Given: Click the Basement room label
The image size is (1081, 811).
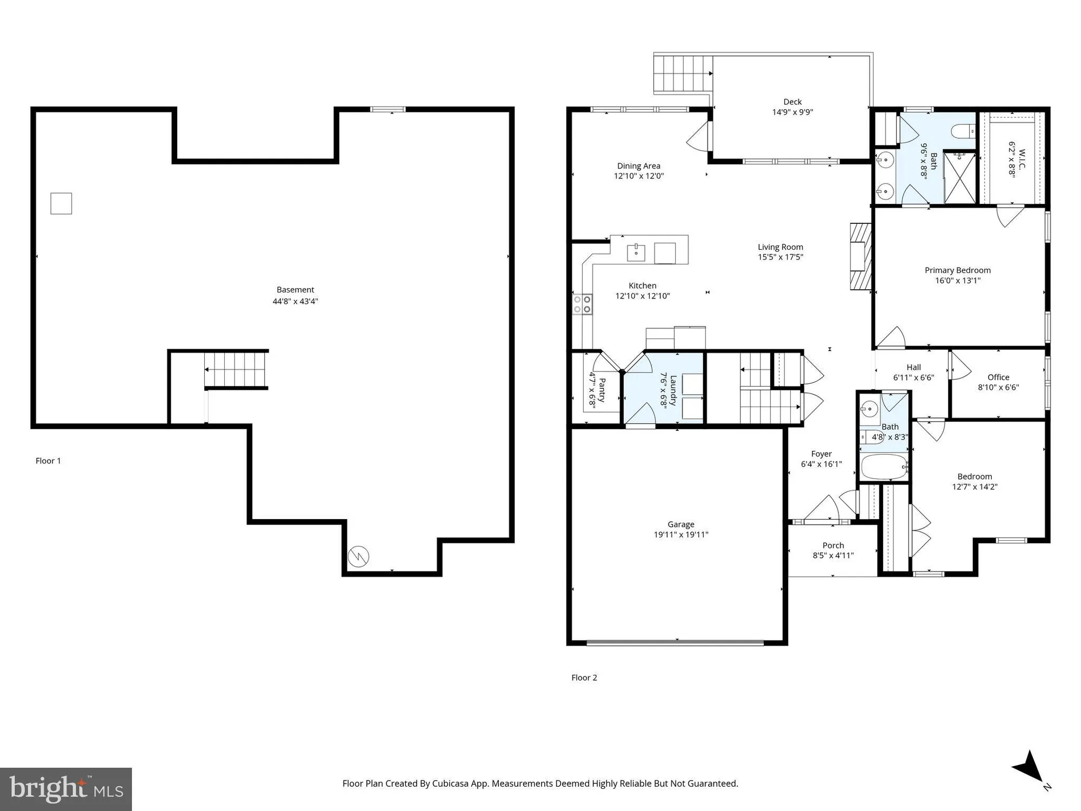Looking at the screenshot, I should (x=295, y=290).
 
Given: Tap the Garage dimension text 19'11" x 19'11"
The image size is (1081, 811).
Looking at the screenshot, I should (x=680, y=535).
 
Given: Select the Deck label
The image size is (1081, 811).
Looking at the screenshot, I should (x=792, y=102).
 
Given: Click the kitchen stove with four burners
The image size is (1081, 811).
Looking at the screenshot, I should (x=582, y=304).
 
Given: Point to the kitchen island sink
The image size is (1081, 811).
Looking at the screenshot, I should (x=636, y=252).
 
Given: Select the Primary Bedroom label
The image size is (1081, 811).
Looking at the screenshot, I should (x=957, y=270).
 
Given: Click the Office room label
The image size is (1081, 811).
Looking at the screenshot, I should (x=998, y=377).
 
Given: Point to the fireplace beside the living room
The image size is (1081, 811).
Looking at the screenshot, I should (x=860, y=256).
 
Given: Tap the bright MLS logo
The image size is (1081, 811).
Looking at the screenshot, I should (x=66, y=789).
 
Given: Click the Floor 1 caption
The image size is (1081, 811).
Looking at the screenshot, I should (x=48, y=461).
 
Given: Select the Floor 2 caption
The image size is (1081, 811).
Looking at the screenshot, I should (x=584, y=677).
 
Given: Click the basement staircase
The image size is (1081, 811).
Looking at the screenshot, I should (x=236, y=369).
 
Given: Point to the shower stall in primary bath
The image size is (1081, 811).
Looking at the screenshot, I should (x=959, y=178).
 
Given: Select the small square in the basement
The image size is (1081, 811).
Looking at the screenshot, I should (x=61, y=204).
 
